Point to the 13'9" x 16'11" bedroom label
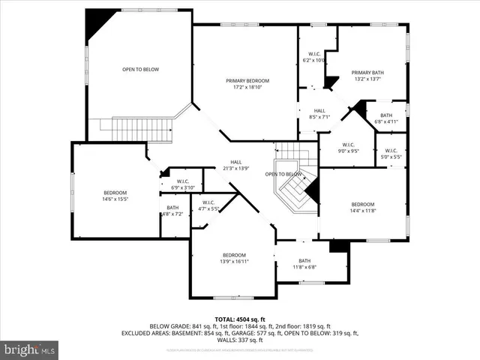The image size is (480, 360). pos(234,258)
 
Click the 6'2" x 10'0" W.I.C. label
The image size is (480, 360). pos(313,56)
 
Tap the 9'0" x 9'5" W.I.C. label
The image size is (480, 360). pos(349,148)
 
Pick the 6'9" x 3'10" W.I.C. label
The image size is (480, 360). pos(182,184)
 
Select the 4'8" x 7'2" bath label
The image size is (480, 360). pos(172,211)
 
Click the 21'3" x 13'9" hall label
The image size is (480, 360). pos(235,165)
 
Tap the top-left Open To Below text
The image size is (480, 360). pos(140,70)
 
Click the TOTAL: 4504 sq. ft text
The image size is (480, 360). pos(239,319)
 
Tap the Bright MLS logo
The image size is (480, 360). pos(30,349)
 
